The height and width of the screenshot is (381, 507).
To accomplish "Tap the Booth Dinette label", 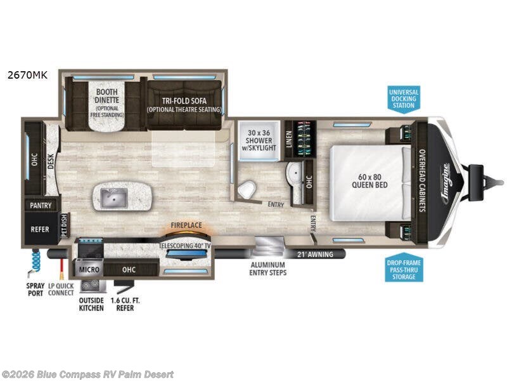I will [108, 96].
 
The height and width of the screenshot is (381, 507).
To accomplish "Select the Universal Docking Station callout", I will [404, 98].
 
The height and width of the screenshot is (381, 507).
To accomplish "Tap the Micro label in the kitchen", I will [89, 270].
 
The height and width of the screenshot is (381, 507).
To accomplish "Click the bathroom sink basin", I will [293, 173].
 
